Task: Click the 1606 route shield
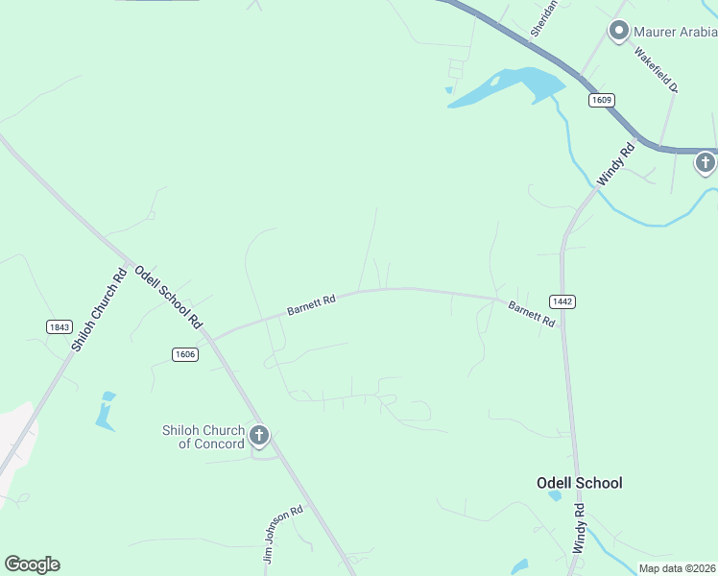[x=185, y=354]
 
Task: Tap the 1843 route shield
[x=60, y=326]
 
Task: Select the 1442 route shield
[x=563, y=301]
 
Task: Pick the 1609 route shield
[x=602, y=100]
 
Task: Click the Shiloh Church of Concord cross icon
[x=258, y=436]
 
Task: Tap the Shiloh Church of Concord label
[x=204, y=437]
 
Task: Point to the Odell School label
[x=579, y=483]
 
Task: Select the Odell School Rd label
[x=168, y=295]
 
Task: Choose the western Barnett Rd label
[x=311, y=305]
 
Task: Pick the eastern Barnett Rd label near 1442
[x=531, y=314]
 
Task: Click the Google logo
[x=32, y=564]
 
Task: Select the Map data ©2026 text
[x=677, y=568]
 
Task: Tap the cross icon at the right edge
[x=706, y=162]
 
